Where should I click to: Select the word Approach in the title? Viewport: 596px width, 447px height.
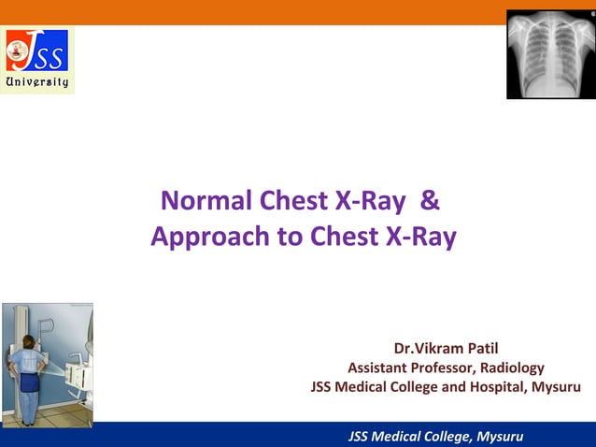coord(208,238)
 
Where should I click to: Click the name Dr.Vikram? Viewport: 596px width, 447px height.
coord(433,349)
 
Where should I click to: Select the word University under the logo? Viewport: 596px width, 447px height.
coord(37,82)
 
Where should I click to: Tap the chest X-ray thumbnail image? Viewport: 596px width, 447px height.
coord(550,54)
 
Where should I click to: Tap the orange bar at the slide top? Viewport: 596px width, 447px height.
coord(280,12)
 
